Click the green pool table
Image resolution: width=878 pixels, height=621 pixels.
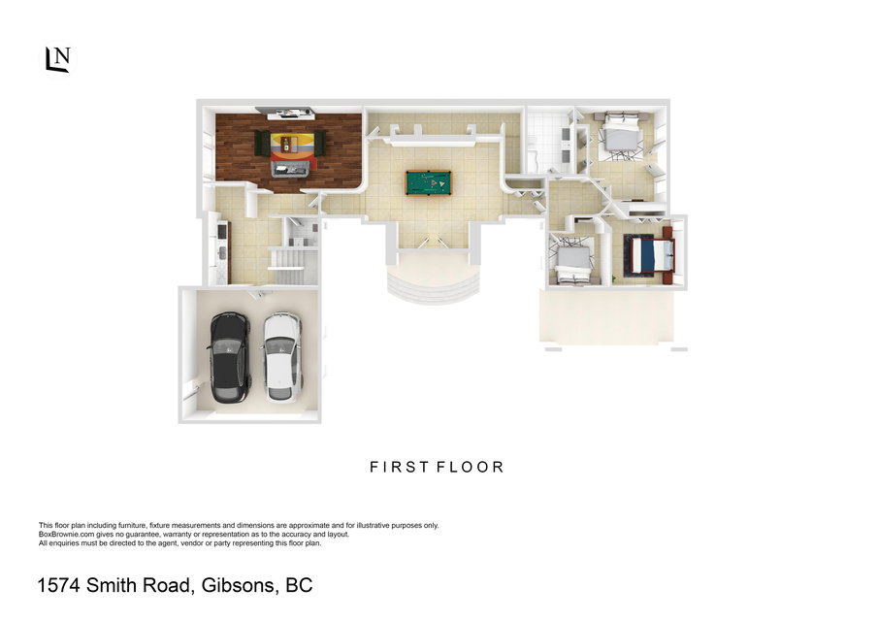[429, 183]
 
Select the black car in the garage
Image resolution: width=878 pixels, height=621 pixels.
[229, 357]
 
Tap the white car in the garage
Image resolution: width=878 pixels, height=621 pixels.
[281, 357]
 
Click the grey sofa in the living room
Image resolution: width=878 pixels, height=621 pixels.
[290, 168]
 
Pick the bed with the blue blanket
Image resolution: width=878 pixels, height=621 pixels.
[650, 255]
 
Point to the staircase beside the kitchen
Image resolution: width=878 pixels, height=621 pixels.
[287, 267]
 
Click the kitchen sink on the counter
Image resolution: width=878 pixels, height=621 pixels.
[222, 253]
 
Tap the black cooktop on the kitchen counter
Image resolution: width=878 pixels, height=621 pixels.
[221, 231]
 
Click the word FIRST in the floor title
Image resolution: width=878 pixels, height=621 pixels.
[400, 467]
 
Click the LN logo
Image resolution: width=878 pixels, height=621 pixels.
[58, 59]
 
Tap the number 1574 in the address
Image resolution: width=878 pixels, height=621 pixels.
[59, 585]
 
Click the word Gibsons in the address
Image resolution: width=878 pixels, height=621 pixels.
[238, 585]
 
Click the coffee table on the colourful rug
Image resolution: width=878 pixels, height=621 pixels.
[287, 144]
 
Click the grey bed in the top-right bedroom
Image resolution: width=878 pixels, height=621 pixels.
[621, 135]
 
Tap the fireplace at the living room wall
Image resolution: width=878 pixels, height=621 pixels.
[290, 114]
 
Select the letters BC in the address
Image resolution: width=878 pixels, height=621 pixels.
[299, 585]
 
